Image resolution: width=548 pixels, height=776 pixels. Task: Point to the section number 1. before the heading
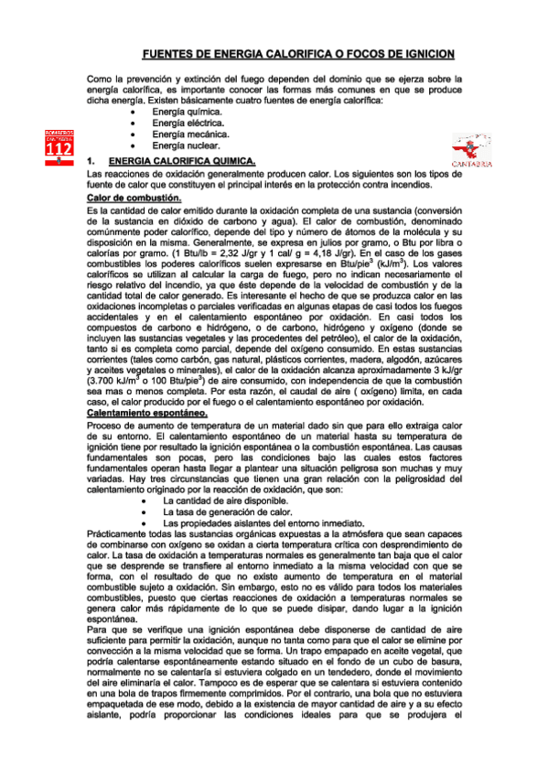[91, 160]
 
